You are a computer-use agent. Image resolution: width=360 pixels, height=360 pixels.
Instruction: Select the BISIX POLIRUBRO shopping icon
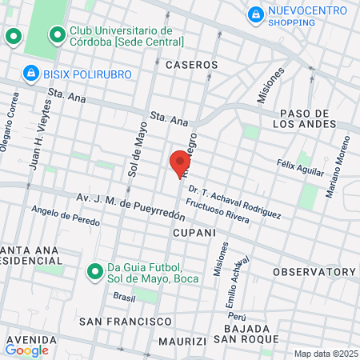tap(31, 74)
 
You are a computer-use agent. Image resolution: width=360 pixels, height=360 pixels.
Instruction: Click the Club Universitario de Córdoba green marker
tap(57, 35)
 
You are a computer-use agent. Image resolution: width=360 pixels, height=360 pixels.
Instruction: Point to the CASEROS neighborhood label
tap(191, 64)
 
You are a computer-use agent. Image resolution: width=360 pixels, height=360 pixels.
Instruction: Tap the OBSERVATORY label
tap(313, 272)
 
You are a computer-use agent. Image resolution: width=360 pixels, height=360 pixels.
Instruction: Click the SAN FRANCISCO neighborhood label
tap(125, 321)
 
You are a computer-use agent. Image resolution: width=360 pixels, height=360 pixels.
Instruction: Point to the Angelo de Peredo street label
tap(65, 215)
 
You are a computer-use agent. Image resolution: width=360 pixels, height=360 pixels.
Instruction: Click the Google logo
tap(26, 350)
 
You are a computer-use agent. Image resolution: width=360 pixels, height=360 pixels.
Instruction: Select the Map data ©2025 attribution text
tap(325, 354)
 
